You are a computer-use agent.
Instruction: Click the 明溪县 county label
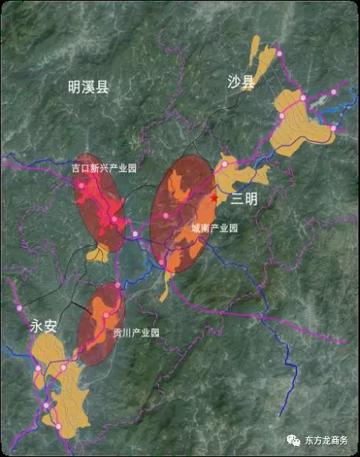pyautogui.click(x=87, y=87)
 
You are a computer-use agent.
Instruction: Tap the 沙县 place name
pyautogui.click(x=243, y=82)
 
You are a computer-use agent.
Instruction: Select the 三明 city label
pyautogui.click(x=244, y=199)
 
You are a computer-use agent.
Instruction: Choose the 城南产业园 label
pyautogui.click(x=214, y=229)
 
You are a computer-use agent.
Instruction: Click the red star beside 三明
pyautogui.click(x=214, y=199)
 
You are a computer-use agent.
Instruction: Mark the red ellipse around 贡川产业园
pyautogui.click(x=101, y=324)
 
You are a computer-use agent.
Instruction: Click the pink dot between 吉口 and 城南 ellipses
pyautogui.click(x=134, y=234)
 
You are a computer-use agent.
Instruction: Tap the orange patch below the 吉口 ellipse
pyautogui.click(x=97, y=254)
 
